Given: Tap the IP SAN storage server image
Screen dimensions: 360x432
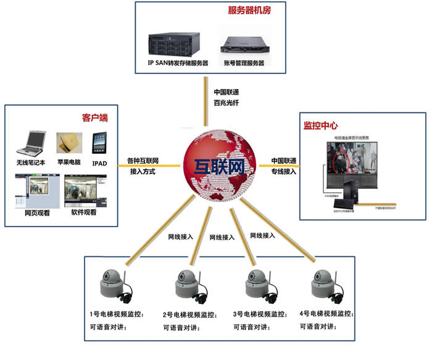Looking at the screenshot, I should tap(177, 43).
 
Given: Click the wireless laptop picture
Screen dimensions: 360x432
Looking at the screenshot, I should tap(31, 143).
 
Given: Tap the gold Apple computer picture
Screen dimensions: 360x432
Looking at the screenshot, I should tap(69, 143).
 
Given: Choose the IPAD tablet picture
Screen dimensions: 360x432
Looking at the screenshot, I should tap(101, 143).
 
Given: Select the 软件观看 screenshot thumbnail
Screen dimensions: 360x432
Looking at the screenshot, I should tap(85, 191).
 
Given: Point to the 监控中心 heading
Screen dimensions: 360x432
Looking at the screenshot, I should tap(320, 125).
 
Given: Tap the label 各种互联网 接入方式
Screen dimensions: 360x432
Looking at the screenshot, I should tap(143, 166).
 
